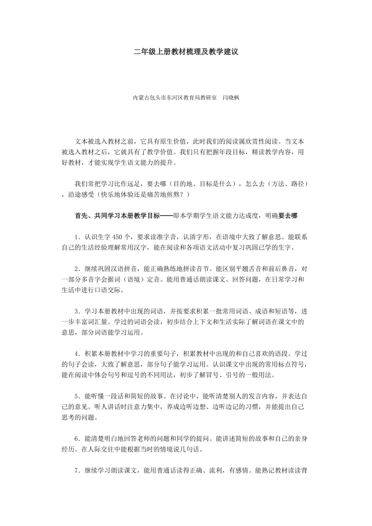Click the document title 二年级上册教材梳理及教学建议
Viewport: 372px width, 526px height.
click(x=186, y=53)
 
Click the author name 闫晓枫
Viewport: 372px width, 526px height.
click(x=232, y=98)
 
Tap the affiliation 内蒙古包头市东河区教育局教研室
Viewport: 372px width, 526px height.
click(x=175, y=98)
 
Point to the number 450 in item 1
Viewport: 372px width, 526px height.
click(x=118, y=237)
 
